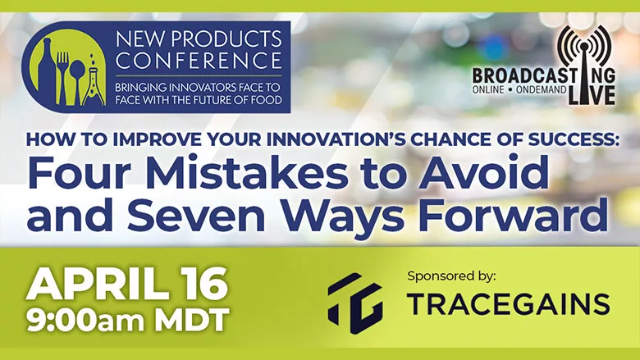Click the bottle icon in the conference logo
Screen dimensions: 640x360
pos(46,72)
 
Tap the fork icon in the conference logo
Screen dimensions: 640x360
pos(62,77)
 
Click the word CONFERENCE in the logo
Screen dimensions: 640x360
pos(199,61)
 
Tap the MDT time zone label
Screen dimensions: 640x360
pos(190,320)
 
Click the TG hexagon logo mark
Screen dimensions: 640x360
pos(355,303)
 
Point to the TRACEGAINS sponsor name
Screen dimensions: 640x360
pos(508,304)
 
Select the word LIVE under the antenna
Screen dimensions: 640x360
pos(592,94)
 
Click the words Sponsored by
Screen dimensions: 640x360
pos(451,276)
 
